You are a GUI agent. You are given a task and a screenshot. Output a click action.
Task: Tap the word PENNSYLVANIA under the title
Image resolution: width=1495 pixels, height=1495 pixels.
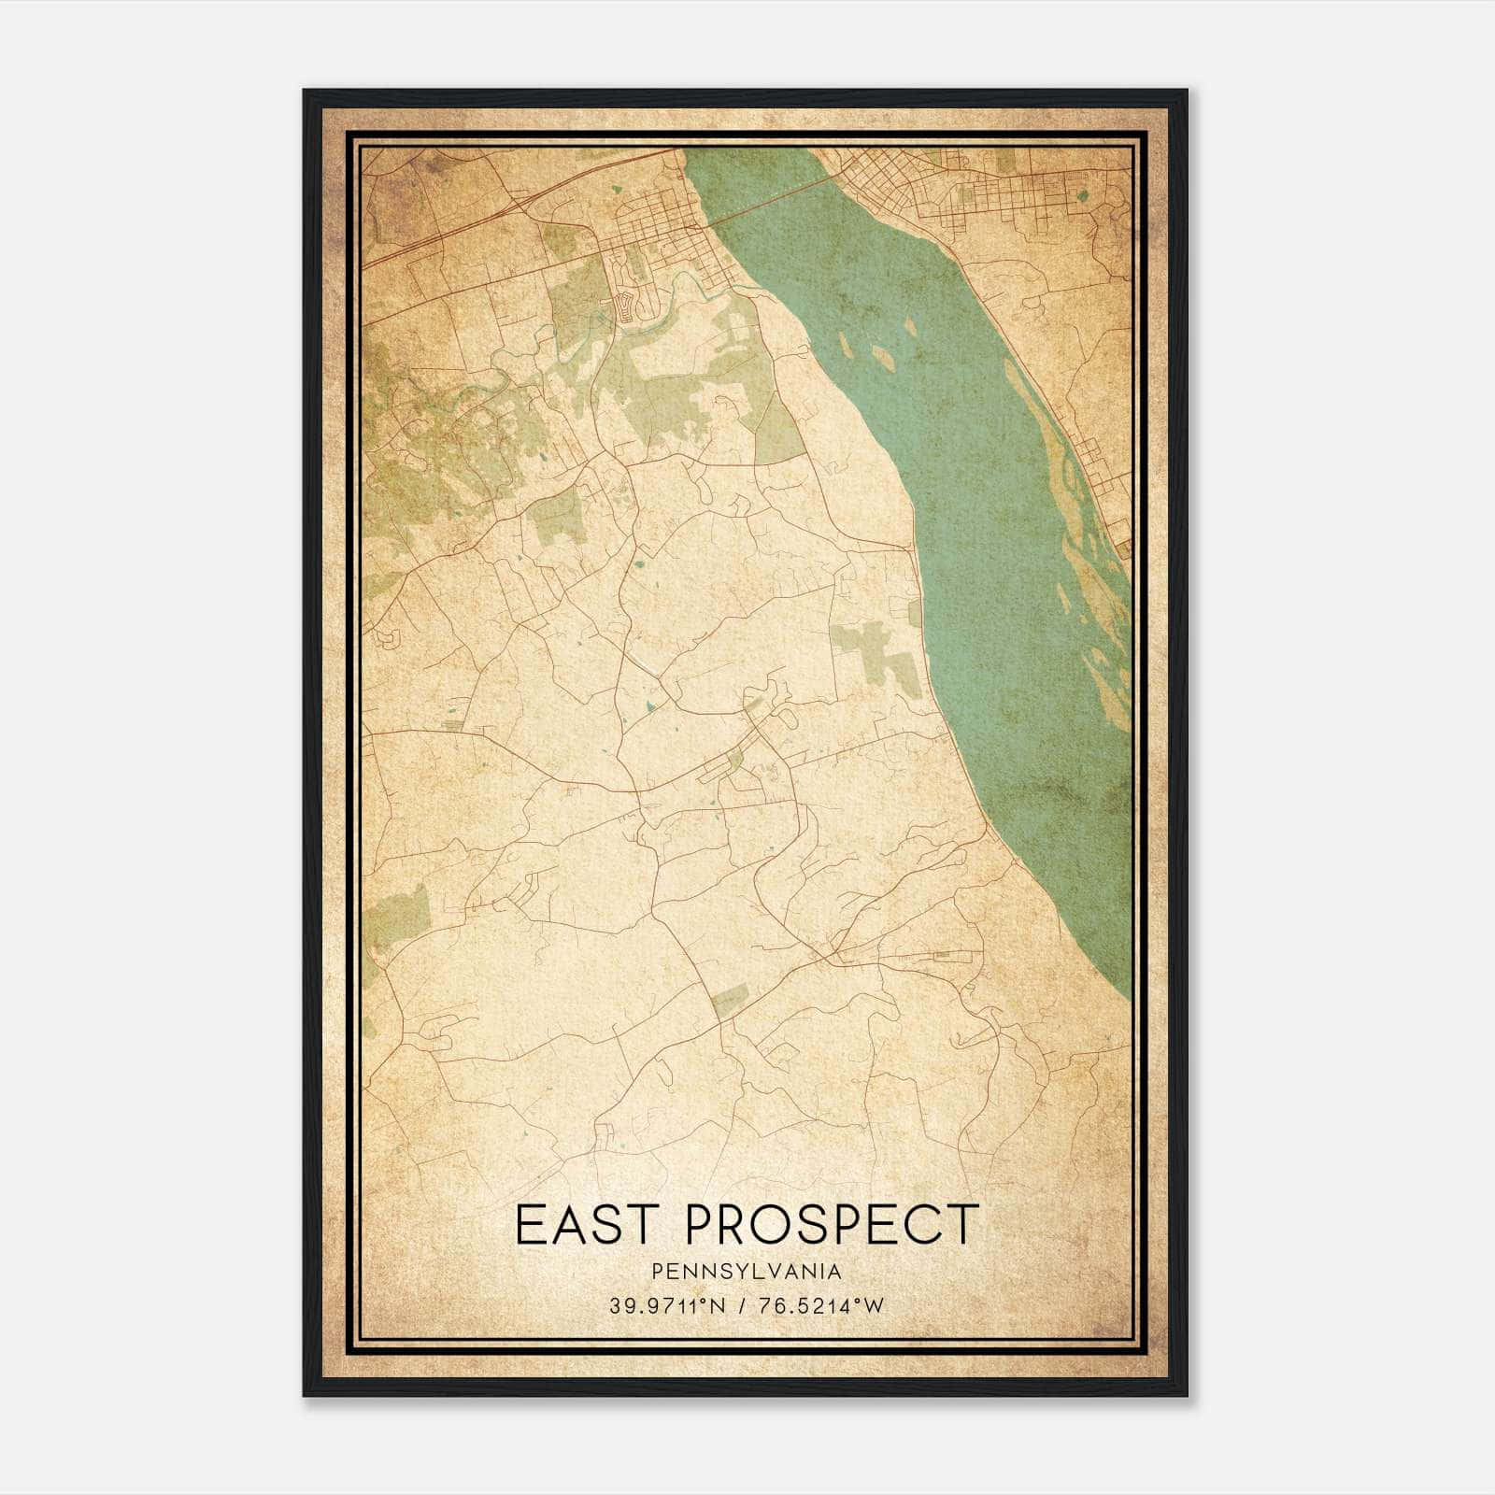pyautogui.click(x=747, y=1272)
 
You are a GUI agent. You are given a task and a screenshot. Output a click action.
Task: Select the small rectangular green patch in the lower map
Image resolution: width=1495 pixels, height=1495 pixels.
pyautogui.click(x=728, y=1005)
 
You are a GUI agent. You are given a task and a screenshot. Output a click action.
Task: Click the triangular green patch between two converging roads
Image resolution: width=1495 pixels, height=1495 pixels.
pyautogui.click(x=779, y=430)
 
